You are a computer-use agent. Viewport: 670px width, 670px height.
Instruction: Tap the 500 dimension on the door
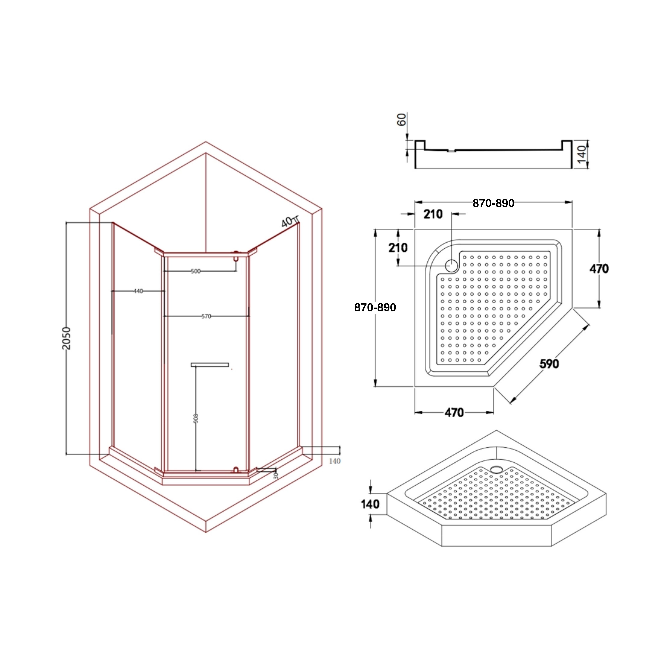[x=196, y=271]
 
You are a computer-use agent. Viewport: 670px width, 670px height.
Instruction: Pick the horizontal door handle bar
[x=210, y=364]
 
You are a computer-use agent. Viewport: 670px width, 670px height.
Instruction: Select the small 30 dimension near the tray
[x=276, y=475]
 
